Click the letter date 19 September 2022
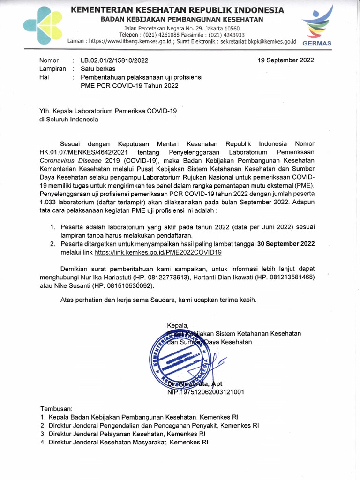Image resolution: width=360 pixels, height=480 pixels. click(x=286, y=60)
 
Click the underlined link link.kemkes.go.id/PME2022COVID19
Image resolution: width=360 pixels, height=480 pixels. click(x=157, y=252)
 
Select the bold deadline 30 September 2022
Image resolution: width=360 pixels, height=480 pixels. click(x=283, y=244)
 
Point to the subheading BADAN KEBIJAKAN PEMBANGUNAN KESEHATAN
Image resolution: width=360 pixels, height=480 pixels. click(x=183, y=19)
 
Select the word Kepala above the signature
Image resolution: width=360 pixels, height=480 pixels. click(x=177, y=325)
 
